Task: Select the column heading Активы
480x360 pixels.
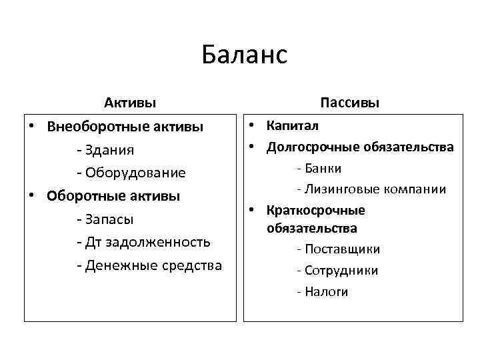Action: (130, 103)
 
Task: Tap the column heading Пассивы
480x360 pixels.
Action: (350, 103)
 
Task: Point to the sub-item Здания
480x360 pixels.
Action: (110, 149)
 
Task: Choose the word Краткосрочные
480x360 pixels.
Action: (316, 210)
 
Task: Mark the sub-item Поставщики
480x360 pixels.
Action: (343, 249)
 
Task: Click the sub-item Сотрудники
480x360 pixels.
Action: (341, 271)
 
